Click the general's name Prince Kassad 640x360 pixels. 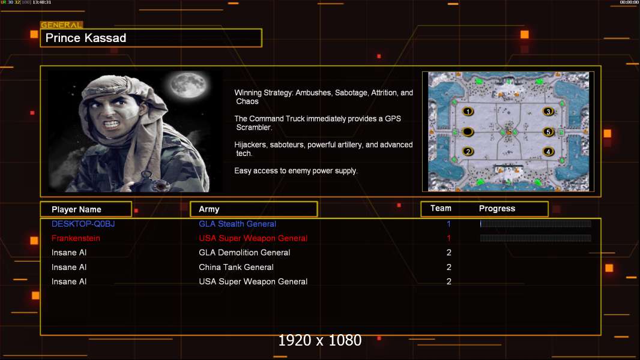point(86,38)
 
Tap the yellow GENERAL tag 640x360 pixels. point(61,25)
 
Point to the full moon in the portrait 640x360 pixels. point(188,85)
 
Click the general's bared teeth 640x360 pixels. point(112,123)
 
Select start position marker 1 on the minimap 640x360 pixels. point(468,112)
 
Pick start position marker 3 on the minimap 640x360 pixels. point(548,112)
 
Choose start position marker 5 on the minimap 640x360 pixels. point(548,131)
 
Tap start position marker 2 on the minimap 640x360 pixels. point(468,152)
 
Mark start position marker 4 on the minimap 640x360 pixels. point(548,152)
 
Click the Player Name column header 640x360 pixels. point(76,209)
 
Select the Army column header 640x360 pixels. point(209,209)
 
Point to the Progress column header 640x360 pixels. point(497,209)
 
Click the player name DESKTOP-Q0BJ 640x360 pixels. point(83,224)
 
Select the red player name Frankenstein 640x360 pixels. point(76,238)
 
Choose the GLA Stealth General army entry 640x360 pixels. point(238,224)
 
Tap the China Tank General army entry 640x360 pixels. point(237,267)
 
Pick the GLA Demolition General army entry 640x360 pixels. point(244,253)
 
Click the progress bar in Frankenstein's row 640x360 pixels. point(536,238)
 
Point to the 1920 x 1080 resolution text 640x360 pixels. point(319,340)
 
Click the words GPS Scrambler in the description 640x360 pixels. point(318,123)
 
